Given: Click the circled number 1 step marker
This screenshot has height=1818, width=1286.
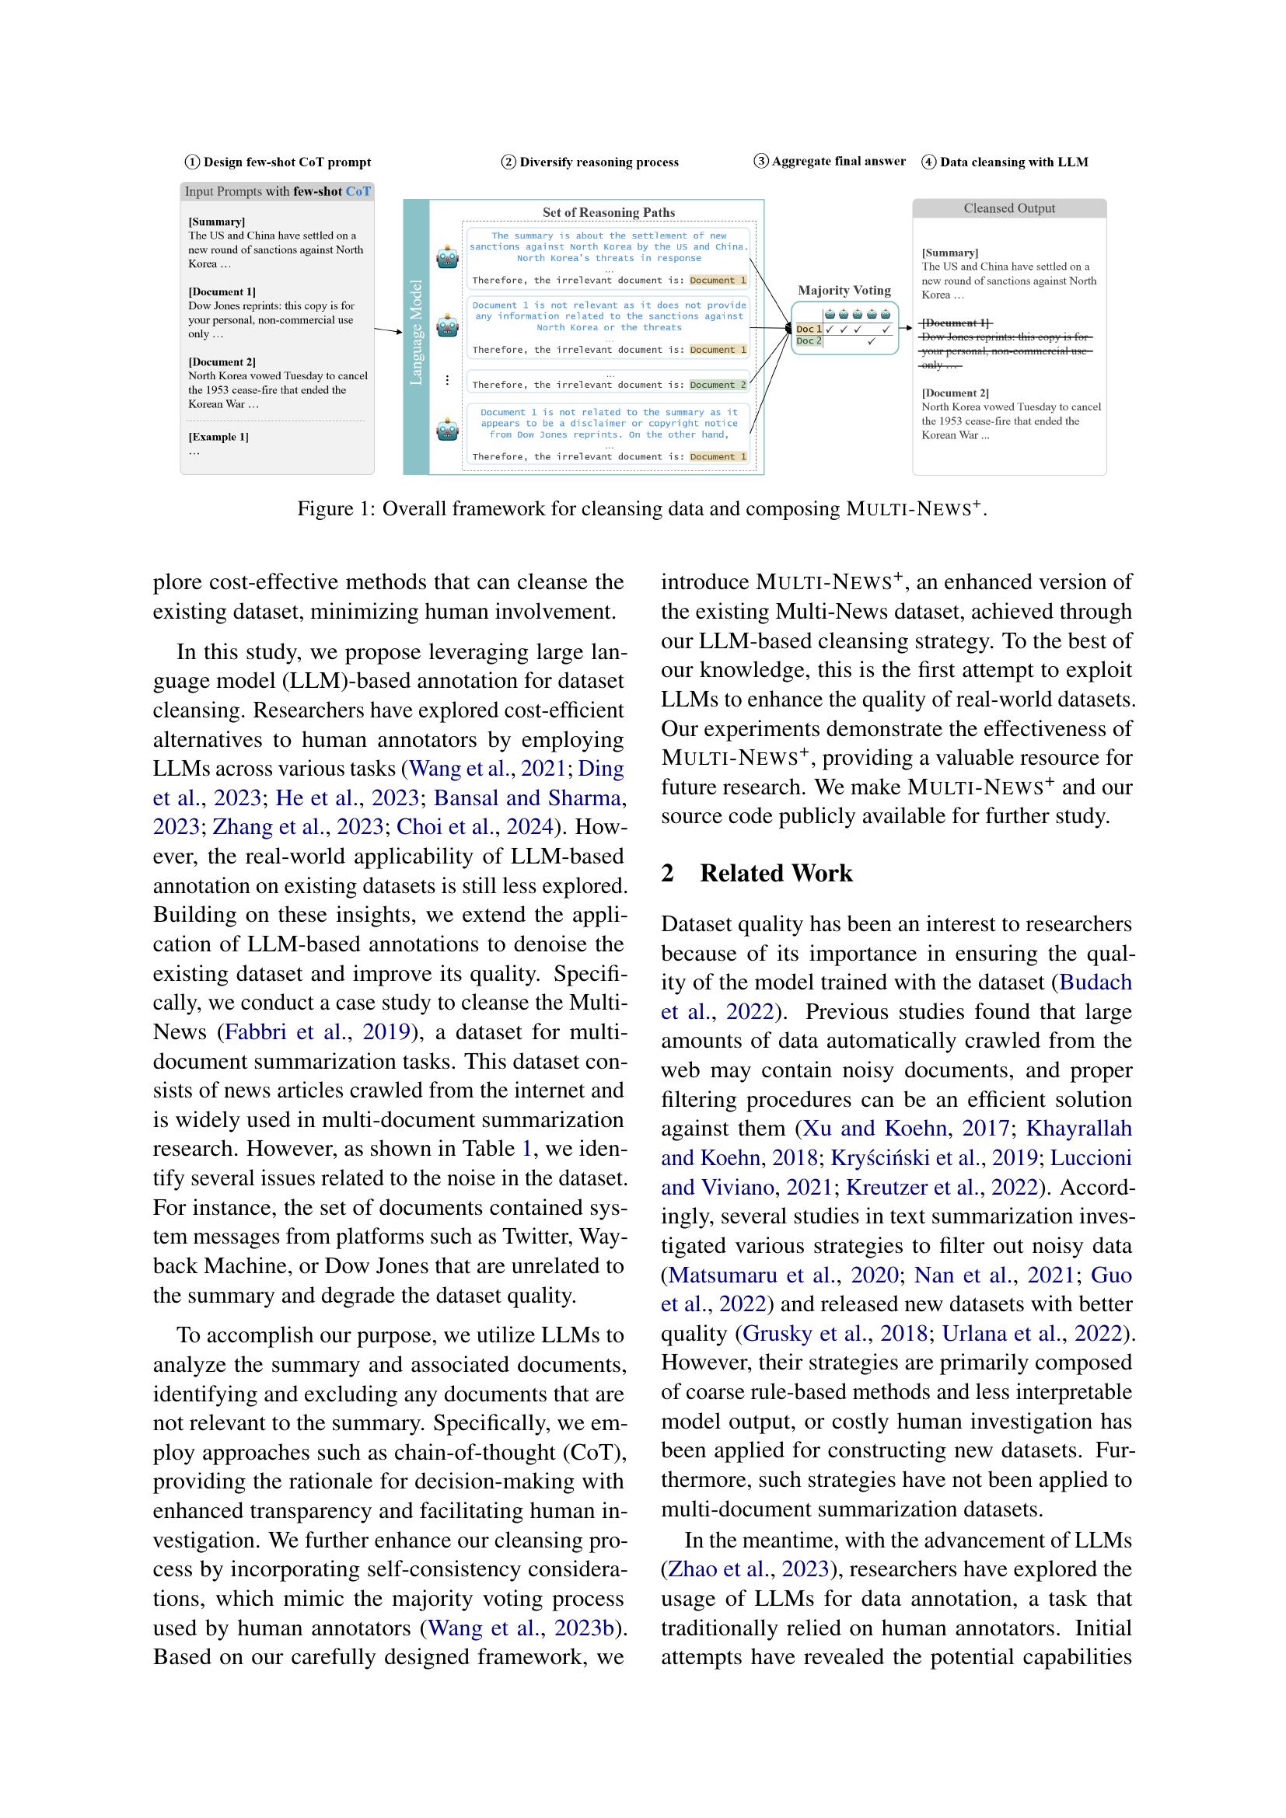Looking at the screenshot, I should point(191,162).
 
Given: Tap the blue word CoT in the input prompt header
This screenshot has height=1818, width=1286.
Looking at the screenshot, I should point(358,192).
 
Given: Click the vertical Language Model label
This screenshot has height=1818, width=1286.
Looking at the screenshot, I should point(417,333).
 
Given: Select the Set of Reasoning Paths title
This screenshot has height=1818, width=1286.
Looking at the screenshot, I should point(608,212).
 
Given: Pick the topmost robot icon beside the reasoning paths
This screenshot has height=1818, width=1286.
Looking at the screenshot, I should point(447,258).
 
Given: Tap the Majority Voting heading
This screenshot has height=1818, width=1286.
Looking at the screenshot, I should point(844,291).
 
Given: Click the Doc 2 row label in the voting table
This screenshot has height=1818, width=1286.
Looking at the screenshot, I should point(809,341).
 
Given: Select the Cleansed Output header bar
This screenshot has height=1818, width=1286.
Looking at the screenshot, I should point(1009,208).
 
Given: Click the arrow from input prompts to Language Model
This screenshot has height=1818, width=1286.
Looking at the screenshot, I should point(388,330).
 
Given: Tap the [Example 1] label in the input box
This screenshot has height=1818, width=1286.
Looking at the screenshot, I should point(218,437).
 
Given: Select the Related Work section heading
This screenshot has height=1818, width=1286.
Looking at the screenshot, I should point(775,874).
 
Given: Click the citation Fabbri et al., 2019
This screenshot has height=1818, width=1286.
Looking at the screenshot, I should point(317,1031).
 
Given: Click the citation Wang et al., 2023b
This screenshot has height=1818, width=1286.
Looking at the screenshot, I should point(521,1628).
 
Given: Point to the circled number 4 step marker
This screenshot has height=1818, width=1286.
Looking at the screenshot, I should point(929,162).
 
